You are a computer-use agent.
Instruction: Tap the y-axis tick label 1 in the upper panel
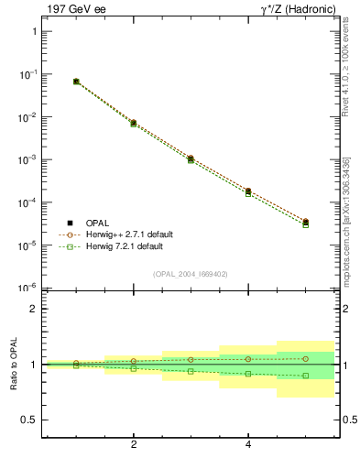[x=33, y=31]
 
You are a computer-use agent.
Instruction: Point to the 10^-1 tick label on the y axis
[x=27, y=73]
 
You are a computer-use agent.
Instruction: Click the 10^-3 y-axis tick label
[x=27, y=159]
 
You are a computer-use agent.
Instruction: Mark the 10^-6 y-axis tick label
[x=27, y=288]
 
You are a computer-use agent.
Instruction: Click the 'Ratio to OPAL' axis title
[x=14, y=365]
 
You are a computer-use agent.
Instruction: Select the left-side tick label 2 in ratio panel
[x=33, y=310]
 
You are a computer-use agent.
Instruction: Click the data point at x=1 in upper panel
[x=76, y=82]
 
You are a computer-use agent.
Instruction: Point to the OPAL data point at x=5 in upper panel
[x=306, y=222]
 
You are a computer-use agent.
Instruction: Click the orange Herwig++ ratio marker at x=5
[x=306, y=358]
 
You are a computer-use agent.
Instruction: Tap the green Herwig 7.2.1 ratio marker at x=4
[x=248, y=373]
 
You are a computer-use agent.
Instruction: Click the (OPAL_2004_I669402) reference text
[x=190, y=273]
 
